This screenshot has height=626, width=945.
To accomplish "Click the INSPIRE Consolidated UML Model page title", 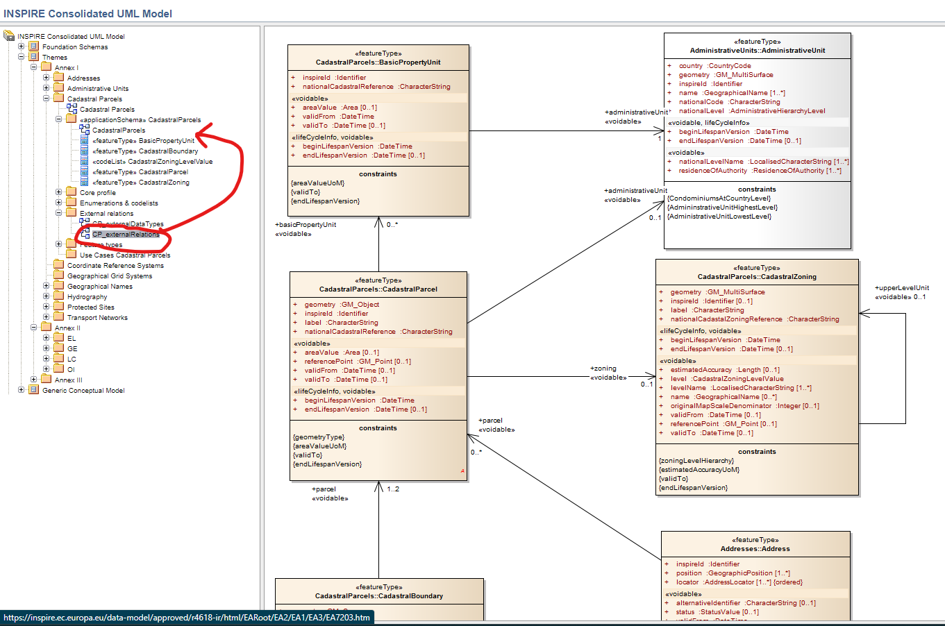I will click(88, 14).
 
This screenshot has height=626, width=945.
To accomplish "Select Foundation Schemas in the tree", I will click(74, 47).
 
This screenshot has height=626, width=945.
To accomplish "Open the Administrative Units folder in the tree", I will click(97, 89).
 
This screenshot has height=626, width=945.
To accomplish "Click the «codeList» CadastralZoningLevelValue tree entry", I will click(153, 162).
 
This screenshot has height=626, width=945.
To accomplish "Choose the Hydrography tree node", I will click(87, 297).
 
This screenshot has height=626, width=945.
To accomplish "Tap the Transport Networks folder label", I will click(97, 318).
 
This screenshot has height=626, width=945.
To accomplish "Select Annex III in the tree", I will click(68, 380).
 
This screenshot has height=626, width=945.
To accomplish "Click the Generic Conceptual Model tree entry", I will click(83, 391).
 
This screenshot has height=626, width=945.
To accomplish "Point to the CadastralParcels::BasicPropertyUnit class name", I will click(378, 62).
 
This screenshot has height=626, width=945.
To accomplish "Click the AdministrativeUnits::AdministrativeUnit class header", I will click(758, 51).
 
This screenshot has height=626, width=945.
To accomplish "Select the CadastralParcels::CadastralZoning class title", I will click(757, 277).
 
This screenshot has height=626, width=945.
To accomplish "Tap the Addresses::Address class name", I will click(755, 549).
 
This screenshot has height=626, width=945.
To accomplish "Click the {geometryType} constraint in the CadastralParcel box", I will click(319, 437).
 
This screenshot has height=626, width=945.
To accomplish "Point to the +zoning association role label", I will click(603, 369).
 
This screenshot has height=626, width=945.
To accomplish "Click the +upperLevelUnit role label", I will click(901, 288).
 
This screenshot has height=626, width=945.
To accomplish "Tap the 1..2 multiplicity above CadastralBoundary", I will click(393, 489).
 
